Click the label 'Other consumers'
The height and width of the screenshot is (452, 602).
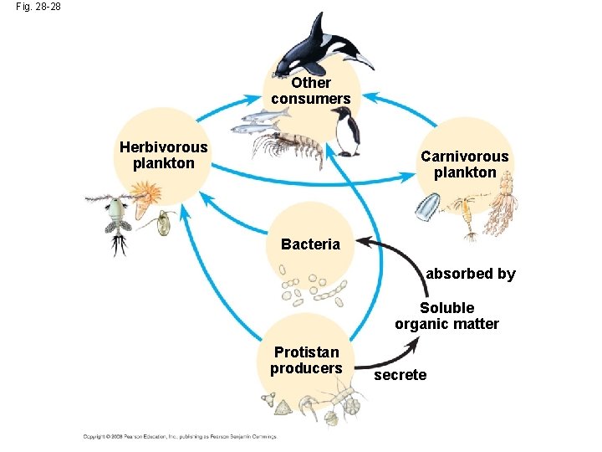pyautogui.click(x=311, y=91)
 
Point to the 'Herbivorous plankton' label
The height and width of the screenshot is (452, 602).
pyautogui.click(x=164, y=156)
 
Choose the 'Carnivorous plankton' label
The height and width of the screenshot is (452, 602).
pyautogui.click(x=464, y=165)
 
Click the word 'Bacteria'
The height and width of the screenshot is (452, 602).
pyautogui.click(x=311, y=244)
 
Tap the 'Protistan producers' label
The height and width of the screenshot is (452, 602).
pyautogui.click(x=306, y=360)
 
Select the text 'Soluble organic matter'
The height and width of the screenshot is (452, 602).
pyautogui.click(x=446, y=316)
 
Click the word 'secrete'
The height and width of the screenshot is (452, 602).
pyautogui.click(x=400, y=375)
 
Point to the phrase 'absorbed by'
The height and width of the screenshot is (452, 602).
pyautogui.click(x=471, y=274)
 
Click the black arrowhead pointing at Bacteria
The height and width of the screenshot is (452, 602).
pyautogui.click(x=366, y=244)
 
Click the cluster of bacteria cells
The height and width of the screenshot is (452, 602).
pyautogui.click(x=309, y=289)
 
